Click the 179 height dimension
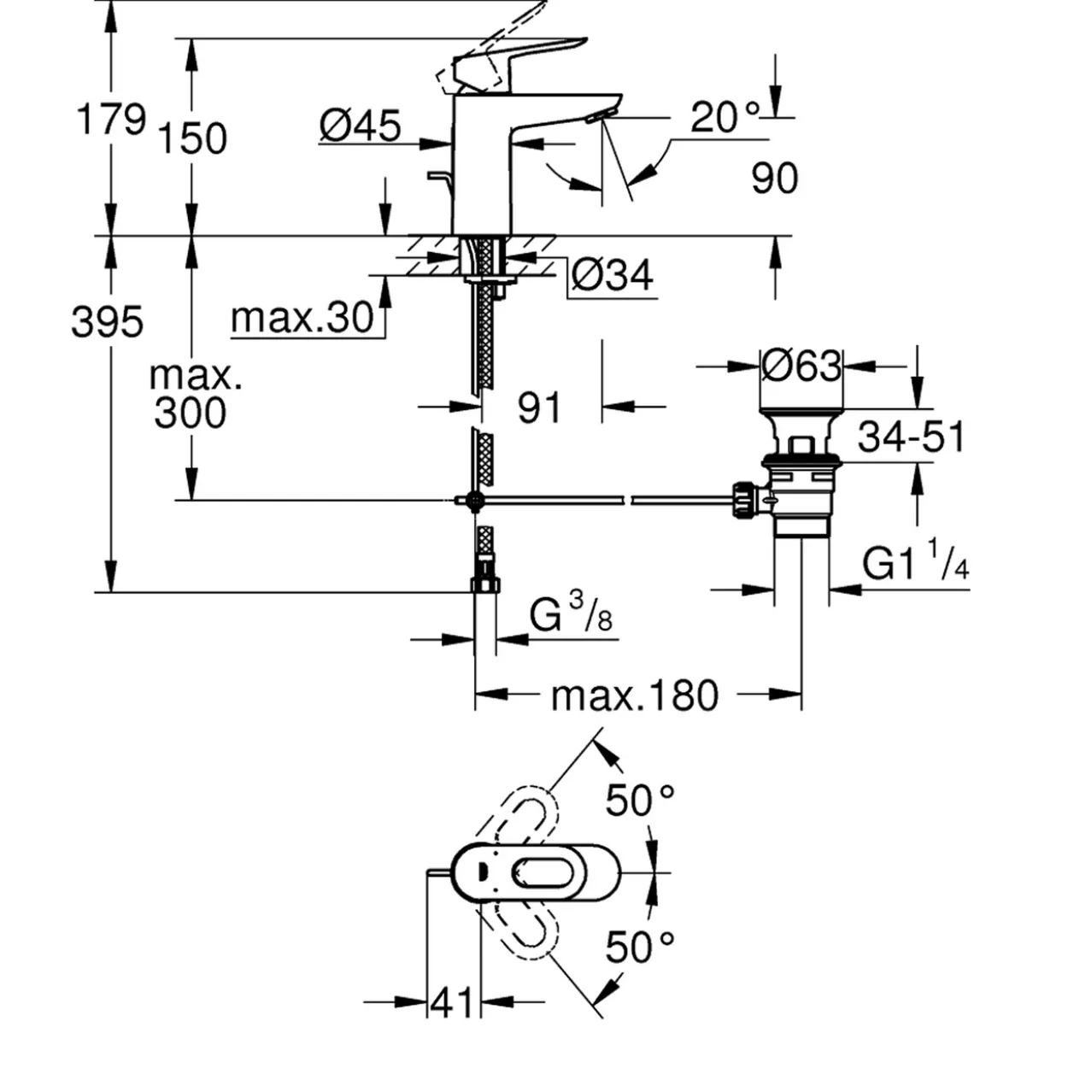tap(111, 119)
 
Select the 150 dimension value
tap(192, 138)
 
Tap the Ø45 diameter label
tap(360, 126)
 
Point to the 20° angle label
tap(725, 116)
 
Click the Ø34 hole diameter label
tap(612, 275)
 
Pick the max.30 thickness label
tap(302, 318)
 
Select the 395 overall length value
tap(108, 321)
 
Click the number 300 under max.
tap(190, 413)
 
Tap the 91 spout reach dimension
tap(539, 408)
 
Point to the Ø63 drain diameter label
tap(801, 367)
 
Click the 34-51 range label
tap(912, 437)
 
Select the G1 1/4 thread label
tap(916, 563)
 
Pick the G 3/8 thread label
tap(571, 612)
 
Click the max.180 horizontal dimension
tap(635, 696)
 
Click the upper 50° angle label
tap(640, 801)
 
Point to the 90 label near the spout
tap(775, 178)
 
